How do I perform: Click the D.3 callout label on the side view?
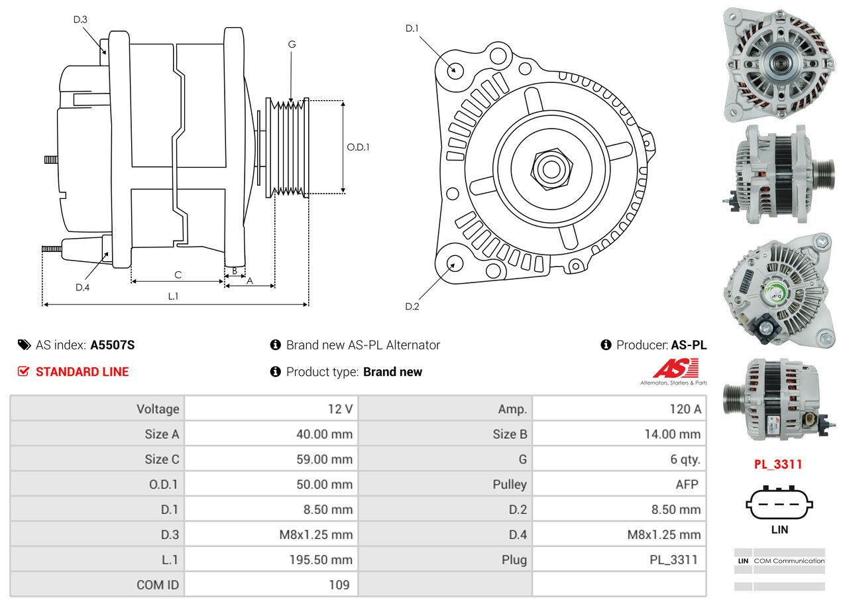(x=80, y=19)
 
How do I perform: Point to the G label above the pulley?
(x=292, y=44)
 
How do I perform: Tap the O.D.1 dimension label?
(x=359, y=147)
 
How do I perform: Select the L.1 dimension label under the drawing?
(x=173, y=296)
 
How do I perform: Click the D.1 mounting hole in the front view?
(x=455, y=70)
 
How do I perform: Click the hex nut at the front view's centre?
(x=550, y=168)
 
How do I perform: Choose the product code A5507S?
(x=113, y=345)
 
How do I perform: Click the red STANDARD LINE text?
(x=82, y=372)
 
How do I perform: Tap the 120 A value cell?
(x=685, y=409)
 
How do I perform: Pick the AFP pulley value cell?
(x=687, y=484)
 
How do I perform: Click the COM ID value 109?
(x=339, y=585)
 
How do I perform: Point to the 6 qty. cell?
(x=685, y=459)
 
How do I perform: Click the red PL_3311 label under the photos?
(x=778, y=464)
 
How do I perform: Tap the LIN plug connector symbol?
(x=779, y=503)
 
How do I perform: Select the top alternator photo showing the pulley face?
(x=779, y=64)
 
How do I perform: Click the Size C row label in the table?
(x=162, y=459)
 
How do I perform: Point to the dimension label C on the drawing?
(x=178, y=274)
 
